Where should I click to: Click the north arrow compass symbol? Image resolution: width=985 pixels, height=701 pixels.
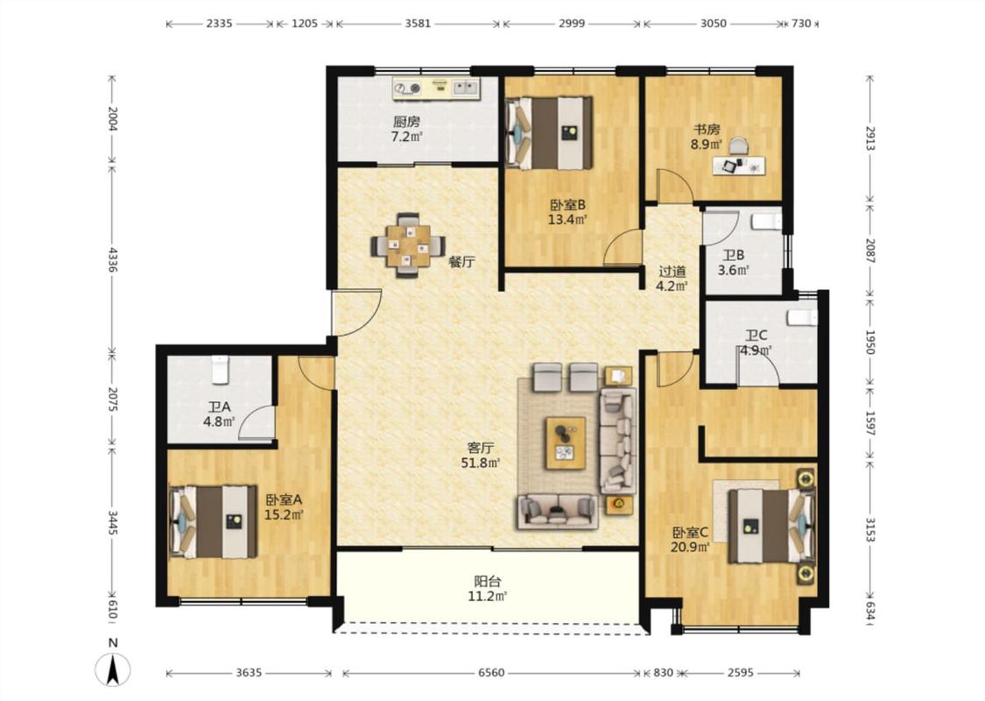point(113,668)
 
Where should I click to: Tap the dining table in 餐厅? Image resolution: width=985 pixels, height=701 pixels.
point(408,245)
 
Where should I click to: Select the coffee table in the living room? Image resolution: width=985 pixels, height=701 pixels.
point(566,443)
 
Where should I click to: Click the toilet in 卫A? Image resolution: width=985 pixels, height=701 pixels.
point(219,370)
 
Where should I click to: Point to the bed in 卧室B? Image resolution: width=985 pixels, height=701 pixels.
point(550,132)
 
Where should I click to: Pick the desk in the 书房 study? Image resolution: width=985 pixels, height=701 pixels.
point(739,166)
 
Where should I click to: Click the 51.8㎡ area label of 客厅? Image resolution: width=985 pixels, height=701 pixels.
point(481,464)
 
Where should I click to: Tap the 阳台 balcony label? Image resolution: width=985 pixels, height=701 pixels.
point(487,582)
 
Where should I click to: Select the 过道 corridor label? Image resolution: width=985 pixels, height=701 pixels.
point(672,272)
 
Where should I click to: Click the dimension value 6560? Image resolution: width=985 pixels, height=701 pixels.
point(491,673)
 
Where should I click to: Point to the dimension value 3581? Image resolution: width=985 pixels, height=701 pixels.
point(418,24)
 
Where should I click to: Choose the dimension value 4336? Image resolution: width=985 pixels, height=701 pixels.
point(112,259)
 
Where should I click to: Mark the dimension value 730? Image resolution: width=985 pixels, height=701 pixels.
point(801,24)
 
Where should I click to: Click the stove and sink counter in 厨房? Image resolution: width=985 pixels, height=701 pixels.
point(436,88)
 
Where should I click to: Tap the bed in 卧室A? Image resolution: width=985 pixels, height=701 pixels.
point(213,521)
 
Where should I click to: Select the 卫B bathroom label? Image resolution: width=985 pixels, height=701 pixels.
point(733,256)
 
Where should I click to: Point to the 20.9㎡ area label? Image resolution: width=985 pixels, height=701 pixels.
point(690,547)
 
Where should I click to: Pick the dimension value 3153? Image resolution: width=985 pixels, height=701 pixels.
point(870,529)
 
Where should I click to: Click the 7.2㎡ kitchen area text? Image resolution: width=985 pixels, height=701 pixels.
point(406,137)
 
